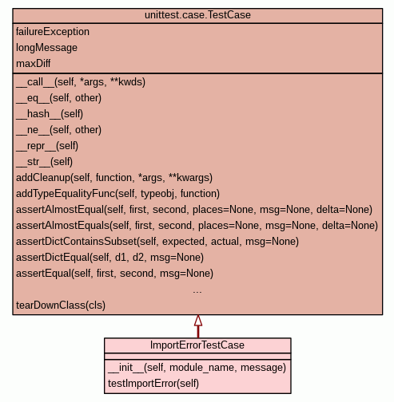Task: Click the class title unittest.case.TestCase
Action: click(197, 15)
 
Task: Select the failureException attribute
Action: click(53, 32)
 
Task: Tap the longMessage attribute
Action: click(46, 48)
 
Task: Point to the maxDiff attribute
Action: click(33, 64)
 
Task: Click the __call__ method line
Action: click(81, 82)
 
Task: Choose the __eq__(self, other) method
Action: click(58, 98)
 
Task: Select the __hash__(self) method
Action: click(50, 114)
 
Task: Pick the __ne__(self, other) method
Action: click(58, 130)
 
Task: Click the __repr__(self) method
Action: click(47, 146)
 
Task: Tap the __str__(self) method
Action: click(44, 162)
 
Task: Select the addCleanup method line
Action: click(114, 178)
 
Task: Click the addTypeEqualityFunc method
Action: click(117, 194)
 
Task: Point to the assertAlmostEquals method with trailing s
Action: click(197, 226)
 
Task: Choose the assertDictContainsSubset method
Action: click(157, 242)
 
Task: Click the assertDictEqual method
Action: click(109, 258)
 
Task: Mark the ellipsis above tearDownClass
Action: click(197, 292)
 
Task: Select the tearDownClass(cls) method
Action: click(61, 305)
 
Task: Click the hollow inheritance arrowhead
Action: click(198, 321)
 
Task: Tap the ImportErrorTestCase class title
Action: click(197, 345)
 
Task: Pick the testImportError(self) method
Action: click(153, 384)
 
